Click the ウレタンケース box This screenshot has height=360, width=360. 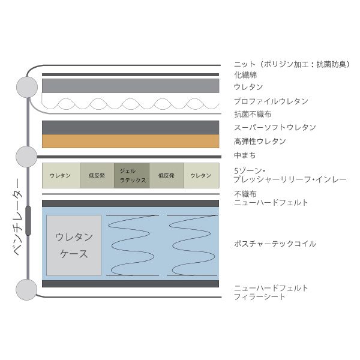click(x=74, y=245)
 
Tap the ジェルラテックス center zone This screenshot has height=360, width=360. click(x=131, y=175)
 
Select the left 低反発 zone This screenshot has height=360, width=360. click(x=97, y=175)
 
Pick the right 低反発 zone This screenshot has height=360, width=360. click(x=166, y=175)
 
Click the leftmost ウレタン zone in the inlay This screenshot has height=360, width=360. click(x=61, y=175)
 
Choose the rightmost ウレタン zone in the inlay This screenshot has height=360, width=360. click(x=202, y=175)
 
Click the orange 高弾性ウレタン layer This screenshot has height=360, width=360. click(x=130, y=141)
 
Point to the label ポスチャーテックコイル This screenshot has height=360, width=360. click(x=275, y=244)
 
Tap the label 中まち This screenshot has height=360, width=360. click(x=245, y=155)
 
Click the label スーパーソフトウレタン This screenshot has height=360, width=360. click(x=275, y=127)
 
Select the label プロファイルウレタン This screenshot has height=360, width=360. click(x=271, y=101)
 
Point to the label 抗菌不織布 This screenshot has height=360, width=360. click(x=253, y=114)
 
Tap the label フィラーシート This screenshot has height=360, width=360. click(x=259, y=296)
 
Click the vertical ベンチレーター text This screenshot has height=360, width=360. click(x=18, y=217)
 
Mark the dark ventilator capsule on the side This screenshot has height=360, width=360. click(x=28, y=221)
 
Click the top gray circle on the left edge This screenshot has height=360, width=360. click(x=27, y=87)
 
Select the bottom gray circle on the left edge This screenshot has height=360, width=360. click(x=26, y=290)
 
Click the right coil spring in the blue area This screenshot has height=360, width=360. click(x=192, y=245)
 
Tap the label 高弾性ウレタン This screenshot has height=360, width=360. click(x=260, y=142)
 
